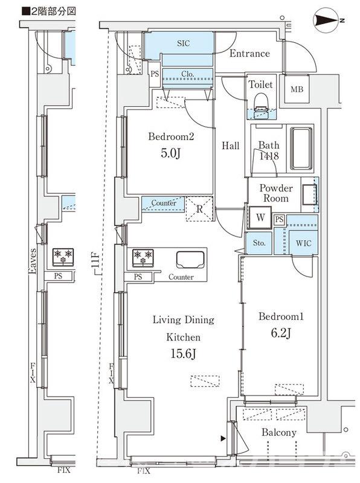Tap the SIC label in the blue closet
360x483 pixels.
click(x=184, y=43)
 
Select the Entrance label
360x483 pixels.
click(x=249, y=53)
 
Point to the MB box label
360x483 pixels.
click(x=297, y=89)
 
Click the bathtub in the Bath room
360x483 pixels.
click(x=301, y=148)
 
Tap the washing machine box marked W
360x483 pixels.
click(x=260, y=218)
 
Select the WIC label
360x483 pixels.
click(x=304, y=243)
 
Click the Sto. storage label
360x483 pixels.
click(x=259, y=243)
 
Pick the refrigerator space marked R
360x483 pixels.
click(x=200, y=209)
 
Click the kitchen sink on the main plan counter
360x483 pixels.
click(x=190, y=260)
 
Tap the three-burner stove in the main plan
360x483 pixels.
click(x=143, y=258)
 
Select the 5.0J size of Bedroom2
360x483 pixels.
click(x=170, y=153)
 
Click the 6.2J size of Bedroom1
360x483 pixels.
click(x=281, y=333)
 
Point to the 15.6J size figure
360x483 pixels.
click(x=183, y=354)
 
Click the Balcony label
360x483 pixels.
click(x=279, y=432)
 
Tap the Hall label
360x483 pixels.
click(x=230, y=146)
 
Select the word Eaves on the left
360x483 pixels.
click(x=32, y=261)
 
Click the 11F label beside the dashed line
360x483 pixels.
click(x=95, y=260)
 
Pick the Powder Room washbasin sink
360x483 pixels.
click(x=309, y=194)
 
